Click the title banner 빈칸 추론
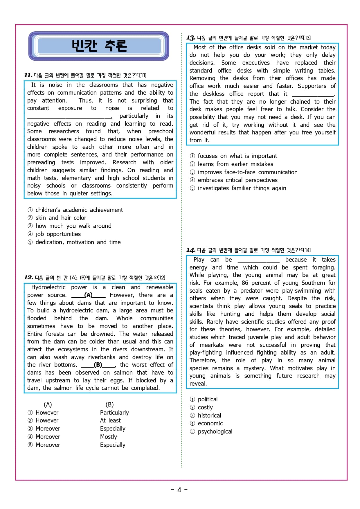[99, 46]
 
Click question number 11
[28, 75]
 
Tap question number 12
[28, 278]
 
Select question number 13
[191, 38]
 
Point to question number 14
[191, 250]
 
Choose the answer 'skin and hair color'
[61, 218]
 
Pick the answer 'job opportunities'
[58, 234]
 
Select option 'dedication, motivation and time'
[78, 242]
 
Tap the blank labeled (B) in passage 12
[98, 365]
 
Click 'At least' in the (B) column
[110, 420]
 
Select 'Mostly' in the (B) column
[109, 437]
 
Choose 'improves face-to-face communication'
[247, 172]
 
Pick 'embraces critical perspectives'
[237, 180]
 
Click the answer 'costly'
[205, 407]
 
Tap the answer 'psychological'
[215, 431]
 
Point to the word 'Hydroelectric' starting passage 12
[48, 287]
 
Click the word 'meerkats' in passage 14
[212, 345]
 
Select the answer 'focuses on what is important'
[237, 156]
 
